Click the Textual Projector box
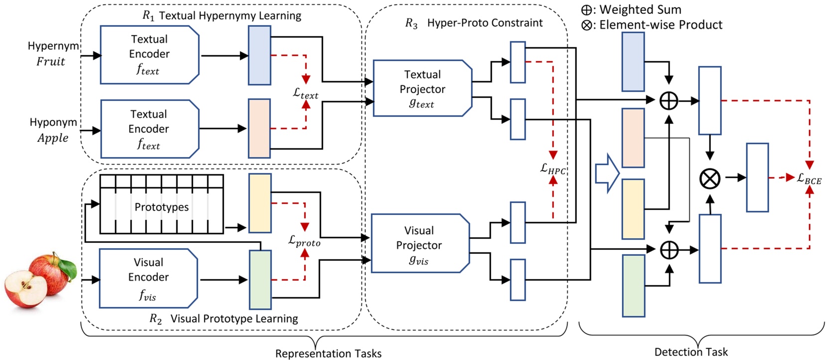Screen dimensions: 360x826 click(422, 89)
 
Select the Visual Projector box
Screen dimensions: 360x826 click(419, 244)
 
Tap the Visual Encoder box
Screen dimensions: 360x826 click(148, 278)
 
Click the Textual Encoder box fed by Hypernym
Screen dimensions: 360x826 click(149, 55)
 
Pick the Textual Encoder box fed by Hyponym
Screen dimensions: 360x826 click(149, 129)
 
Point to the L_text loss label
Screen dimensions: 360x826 click(305, 93)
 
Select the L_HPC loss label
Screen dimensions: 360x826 click(552, 169)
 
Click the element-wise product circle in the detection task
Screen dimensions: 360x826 click(710, 178)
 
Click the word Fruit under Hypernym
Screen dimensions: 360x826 click(51, 62)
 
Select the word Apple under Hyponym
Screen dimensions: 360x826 click(53, 138)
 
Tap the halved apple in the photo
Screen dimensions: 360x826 click(25, 289)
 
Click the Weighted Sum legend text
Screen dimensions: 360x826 click(640, 9)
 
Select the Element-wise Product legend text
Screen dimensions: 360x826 click(660, 25)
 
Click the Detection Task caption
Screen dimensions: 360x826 click(690, 352)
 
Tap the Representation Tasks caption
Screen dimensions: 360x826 click(328, 354)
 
